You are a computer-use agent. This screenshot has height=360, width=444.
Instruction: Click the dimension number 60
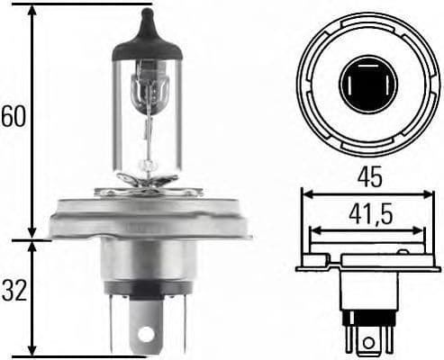[x=13, y=115]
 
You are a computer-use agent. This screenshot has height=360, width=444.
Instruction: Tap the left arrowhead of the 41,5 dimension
[x=313, y=231]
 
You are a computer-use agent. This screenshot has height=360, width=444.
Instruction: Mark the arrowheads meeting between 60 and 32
[x=32, y=239]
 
